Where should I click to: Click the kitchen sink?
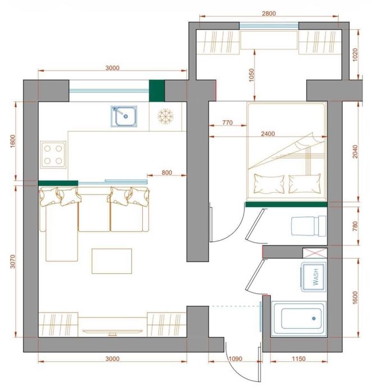pyautogui.click(x=124, y=116)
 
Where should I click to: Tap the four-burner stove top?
pyautogui.click(x=53, y=155)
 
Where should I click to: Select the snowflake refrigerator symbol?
pyautogui.click(x=165, y=116)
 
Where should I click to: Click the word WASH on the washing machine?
pyautogui.click(x=316, y=276)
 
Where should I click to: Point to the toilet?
pyautogui.click(x=309, y=226)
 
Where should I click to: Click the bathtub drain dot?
pyautogui.click(x=314, y=319)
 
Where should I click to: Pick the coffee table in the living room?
pyautogui.click(x=112, y=261)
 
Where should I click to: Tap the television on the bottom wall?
pyautogui.click(x=112, y=332)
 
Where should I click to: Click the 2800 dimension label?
pyautogui.click(x=269, y=13)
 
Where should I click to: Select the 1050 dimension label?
pyautogui.click(x=251, y=75)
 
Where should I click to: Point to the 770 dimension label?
pyautogui.click(x=228, y=122)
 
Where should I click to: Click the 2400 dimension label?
pyautogui.click(x=268, y=133)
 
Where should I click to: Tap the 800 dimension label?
pyautogui.click(x=167, y=173)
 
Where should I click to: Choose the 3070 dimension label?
pyautogui.click(x=12, y=261)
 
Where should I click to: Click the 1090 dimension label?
pyautogui.click(x=235, y=359)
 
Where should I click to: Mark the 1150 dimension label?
pyautogui.click(x=298, y=359)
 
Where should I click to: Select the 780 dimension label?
pyautogui.click(x=355, y=226)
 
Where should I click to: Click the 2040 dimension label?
pyautogui.click(x=355, y=151)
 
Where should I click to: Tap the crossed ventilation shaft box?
pyautogui.click(x=315, y=253)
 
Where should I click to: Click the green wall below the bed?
pyautogui.click(x=286, y=205)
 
